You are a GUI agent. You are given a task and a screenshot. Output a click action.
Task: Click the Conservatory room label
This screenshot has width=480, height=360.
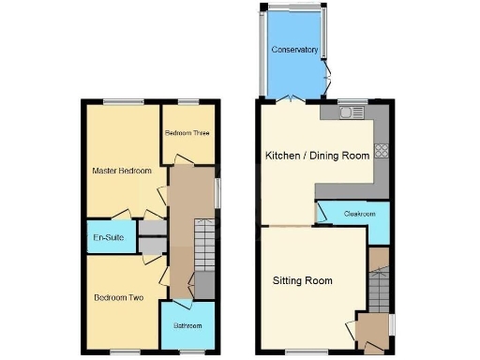pyautogui.click(x=294, y=50)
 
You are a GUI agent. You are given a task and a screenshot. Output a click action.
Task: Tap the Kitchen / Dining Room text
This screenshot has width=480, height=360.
pyautogui.click(x=318, y=156)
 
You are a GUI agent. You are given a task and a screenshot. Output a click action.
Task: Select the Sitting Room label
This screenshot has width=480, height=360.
pyautogui.click(x=303, y=280)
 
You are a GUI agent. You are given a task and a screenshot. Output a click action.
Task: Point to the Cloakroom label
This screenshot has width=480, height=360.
pyautogui.click(x=360, y=215)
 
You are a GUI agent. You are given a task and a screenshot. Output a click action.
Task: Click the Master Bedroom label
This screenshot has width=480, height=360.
pyautogui.click(x=122, y=172)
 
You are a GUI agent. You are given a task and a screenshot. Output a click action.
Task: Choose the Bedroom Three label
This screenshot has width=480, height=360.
pyautogui.click(x=187, y=133)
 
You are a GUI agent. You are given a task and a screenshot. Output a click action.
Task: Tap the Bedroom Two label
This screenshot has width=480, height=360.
pyautogui.click(x=118, y=298)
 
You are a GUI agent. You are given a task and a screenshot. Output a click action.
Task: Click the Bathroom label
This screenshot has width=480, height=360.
pyautogui.click(x=187, y=325)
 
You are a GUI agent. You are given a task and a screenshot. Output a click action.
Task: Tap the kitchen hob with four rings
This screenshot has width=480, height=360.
pyautogui.click(x=382, y=149)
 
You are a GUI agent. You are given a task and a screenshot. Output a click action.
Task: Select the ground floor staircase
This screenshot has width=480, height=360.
pyautogui.click(x=379, y=289)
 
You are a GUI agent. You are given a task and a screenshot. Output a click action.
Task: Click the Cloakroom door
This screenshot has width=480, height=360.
pyautogui.click(x=324, y=211)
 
